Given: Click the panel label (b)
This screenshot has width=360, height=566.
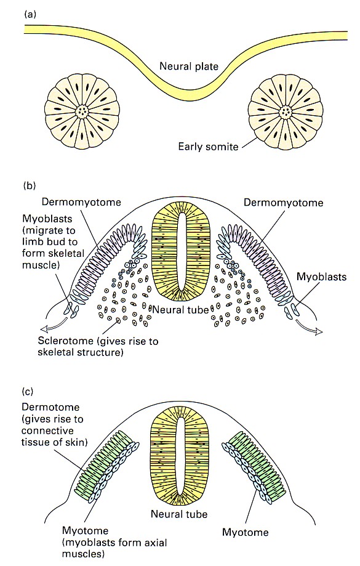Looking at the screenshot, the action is click(30, 186).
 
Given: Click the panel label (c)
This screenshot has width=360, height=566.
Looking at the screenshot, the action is click(28, 391).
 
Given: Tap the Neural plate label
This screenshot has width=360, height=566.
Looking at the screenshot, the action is click(189, 67).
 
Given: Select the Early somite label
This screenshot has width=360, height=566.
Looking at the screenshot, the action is click(208, 147).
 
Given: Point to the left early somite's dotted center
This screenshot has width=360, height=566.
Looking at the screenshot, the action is click(82, 111).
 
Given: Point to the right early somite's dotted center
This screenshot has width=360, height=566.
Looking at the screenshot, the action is click(286, 111).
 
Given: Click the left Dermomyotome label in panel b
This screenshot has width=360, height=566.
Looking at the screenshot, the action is click(81, 202).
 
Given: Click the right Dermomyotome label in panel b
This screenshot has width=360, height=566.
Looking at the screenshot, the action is click(283, 203).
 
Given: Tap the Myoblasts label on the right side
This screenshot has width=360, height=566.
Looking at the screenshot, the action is click(321, 277).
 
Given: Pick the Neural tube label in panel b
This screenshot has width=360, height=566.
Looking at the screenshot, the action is click(180, 309).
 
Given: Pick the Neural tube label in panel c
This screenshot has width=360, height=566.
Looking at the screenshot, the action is click(179, 514).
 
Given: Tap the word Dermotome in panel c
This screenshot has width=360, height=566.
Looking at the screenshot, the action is click(50, 407).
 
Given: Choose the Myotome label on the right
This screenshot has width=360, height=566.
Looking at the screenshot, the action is click(246, 532).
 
